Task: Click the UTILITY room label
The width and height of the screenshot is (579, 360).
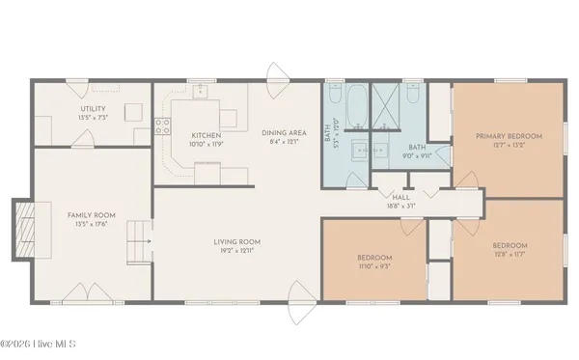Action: coord(94,109)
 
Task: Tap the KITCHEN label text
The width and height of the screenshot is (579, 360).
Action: coord(207,135)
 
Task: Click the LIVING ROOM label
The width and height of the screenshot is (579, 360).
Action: coord(237,241)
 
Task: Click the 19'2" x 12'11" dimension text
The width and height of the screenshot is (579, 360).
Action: coord(237,251)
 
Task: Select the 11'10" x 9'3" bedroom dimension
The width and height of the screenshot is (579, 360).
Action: coord(374,266)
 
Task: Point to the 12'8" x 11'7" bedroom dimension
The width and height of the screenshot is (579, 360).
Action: coord(510,255)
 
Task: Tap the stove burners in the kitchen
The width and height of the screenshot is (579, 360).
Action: coord(162,124)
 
